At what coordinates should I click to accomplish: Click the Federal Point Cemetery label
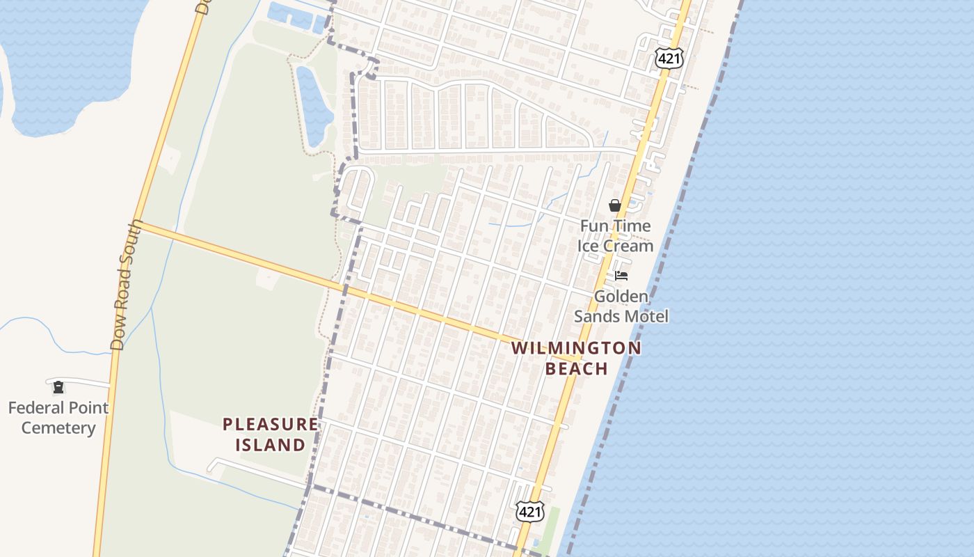tap(58, 418)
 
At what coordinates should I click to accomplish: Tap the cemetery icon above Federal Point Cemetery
tap(58, 387)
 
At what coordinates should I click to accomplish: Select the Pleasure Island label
tap(270, 434)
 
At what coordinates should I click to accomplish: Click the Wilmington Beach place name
tap(576, 358)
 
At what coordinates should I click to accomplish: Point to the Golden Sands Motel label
tap(621, 306)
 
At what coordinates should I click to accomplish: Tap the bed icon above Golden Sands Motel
tap(621, 276)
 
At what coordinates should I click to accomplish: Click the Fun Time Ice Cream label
tap(615, 235)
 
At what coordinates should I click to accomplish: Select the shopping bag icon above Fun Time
tap(615, 205)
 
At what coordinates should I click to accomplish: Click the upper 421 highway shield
tap(669, 59)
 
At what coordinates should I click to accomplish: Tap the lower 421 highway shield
tap(529, 512)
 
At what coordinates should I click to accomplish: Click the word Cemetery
tap(58, 427)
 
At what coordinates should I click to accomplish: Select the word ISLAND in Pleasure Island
tap(270, 444)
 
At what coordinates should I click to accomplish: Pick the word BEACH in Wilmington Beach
tap(576, 368)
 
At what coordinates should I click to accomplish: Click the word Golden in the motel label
tap(621, 297)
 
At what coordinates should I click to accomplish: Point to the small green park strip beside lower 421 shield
tap(551, 526)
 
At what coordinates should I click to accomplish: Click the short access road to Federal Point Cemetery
tap(83, 382)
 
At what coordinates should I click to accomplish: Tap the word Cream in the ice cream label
tap(628, 246)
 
